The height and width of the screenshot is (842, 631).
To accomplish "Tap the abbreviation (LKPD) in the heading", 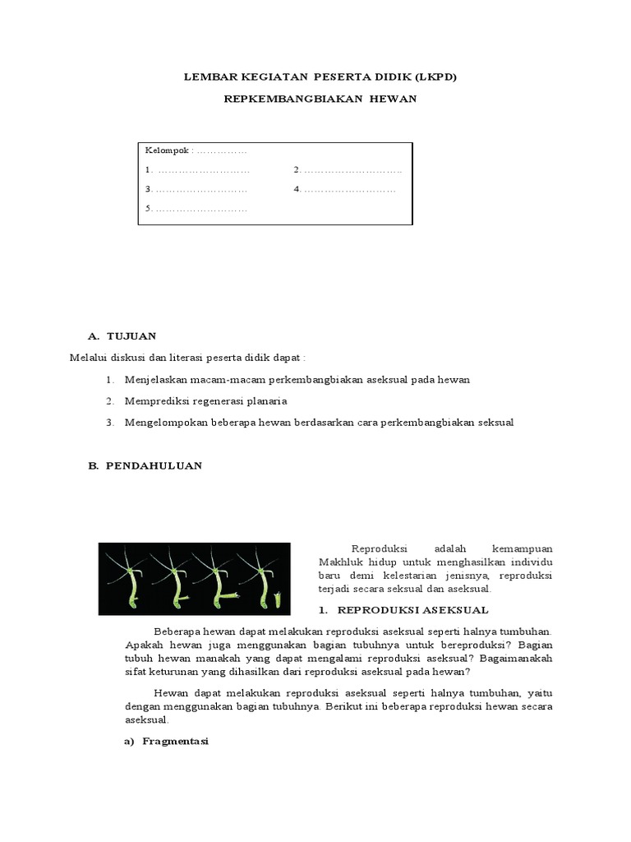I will point(435,77).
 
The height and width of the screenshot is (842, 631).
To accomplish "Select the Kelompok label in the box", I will point(166,150).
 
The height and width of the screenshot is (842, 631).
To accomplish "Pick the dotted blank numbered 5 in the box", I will point(196,209).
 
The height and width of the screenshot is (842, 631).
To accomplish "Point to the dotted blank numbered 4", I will point(345,190).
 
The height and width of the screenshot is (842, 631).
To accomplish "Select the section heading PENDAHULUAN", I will point(154,465).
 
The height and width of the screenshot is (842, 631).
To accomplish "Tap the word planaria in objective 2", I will point(264,401).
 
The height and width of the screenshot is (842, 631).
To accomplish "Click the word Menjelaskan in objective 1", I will point(157,380).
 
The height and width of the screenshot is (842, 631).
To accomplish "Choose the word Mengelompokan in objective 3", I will point(165,423).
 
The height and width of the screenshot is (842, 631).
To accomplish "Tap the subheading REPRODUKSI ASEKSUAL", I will point(413,609).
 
